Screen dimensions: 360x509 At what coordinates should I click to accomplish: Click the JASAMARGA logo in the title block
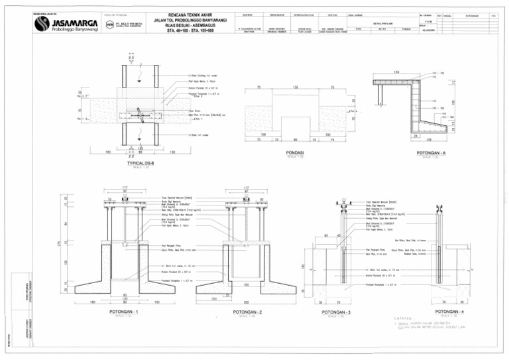(63, 25)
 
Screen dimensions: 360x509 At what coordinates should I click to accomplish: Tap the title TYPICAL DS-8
(136, 161)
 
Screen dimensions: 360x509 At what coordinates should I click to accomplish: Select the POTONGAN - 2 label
(247, 310)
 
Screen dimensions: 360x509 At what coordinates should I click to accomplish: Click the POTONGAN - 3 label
(336, 310)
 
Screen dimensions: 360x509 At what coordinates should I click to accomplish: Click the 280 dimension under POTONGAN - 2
(247, 302)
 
